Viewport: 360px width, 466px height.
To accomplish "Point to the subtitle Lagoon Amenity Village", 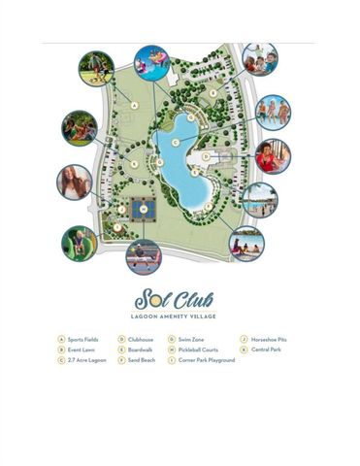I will click(180, 316).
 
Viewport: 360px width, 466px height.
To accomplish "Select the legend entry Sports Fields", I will click(81, 340).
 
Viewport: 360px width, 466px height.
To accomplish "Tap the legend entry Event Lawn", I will click(80, 349).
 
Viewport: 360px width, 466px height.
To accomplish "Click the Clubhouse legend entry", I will click(137, 340).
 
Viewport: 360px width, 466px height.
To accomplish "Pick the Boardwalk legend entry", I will click(137, 349).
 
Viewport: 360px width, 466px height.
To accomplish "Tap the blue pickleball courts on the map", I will click(142, 209).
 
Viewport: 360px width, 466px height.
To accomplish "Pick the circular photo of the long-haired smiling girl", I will click(75, 183).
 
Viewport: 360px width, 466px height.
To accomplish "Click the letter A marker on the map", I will click(133, 105).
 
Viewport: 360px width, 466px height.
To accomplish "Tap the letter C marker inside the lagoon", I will click(175, 143).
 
